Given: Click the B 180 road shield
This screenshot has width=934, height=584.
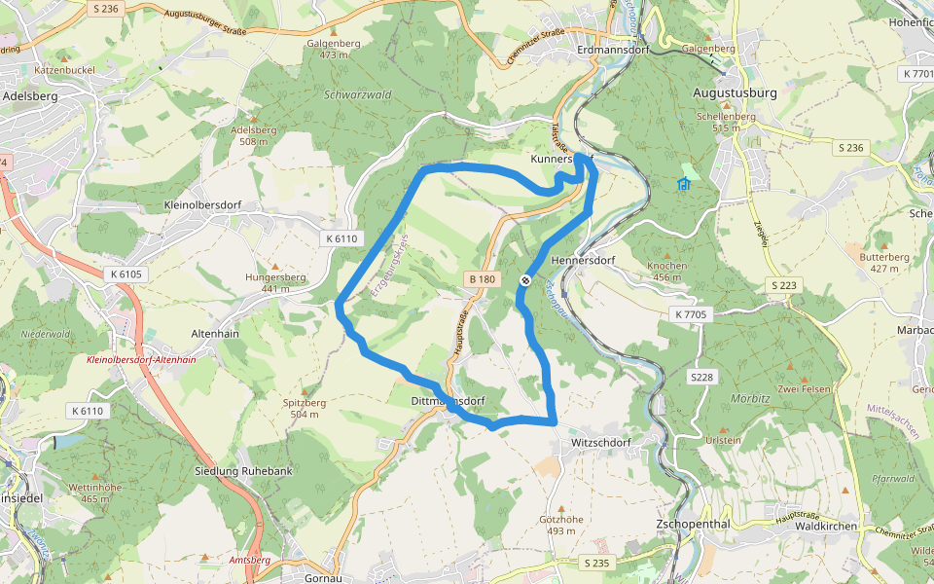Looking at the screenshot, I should [x=482, y=279].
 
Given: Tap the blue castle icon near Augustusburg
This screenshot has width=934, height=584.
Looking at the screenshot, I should [x=684, y=184].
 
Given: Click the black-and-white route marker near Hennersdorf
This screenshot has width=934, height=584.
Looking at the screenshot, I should [x=525, y=280].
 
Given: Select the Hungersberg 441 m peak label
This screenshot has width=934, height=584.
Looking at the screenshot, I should [x=275, y=282].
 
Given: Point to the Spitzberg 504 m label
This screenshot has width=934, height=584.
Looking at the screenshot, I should [x=304, y=408].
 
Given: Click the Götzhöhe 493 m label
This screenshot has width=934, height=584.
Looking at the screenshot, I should [x=560, y=526].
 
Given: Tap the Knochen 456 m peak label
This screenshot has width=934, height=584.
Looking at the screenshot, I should [x=666, y=271].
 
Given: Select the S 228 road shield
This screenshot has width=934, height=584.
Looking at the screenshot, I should [x=702, y=377].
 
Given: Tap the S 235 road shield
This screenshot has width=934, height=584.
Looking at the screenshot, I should [x=596, y=564].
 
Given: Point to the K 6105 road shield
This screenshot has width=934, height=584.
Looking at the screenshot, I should [x=126, y=274].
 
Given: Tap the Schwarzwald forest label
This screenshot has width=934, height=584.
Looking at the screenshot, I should [x=358, y=95].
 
